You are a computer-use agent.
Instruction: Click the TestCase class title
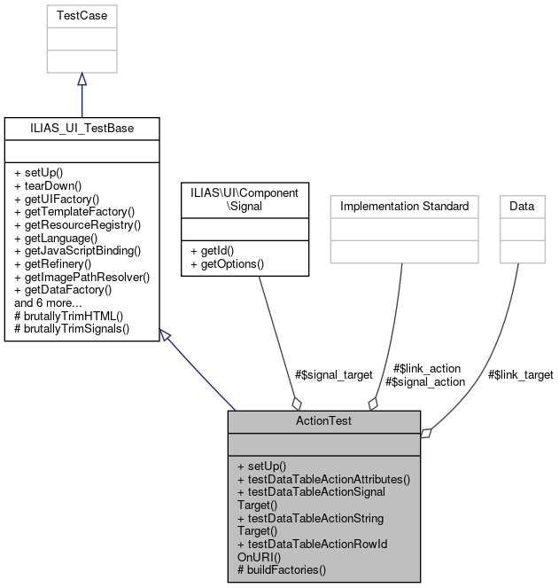tap(82, 16)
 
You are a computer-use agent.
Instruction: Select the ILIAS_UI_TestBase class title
tap(82, 128)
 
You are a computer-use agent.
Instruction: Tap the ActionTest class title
tap(323, 420)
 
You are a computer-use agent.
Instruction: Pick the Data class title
tap(521, 206)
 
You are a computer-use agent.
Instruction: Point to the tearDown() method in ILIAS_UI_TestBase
tap(48, 186)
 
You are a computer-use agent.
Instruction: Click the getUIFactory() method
tap(58, 199)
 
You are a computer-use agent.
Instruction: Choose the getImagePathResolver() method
tap(82, 277)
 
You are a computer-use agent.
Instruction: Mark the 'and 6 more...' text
tap(48, 302)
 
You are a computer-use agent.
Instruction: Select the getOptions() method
tap(228, 264)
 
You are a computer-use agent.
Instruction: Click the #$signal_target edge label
tap(334, 375)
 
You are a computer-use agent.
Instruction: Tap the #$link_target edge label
tap(521, 375)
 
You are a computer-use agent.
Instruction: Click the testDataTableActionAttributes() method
tap(323, 479)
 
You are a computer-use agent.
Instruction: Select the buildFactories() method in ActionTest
tap(282, 569)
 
